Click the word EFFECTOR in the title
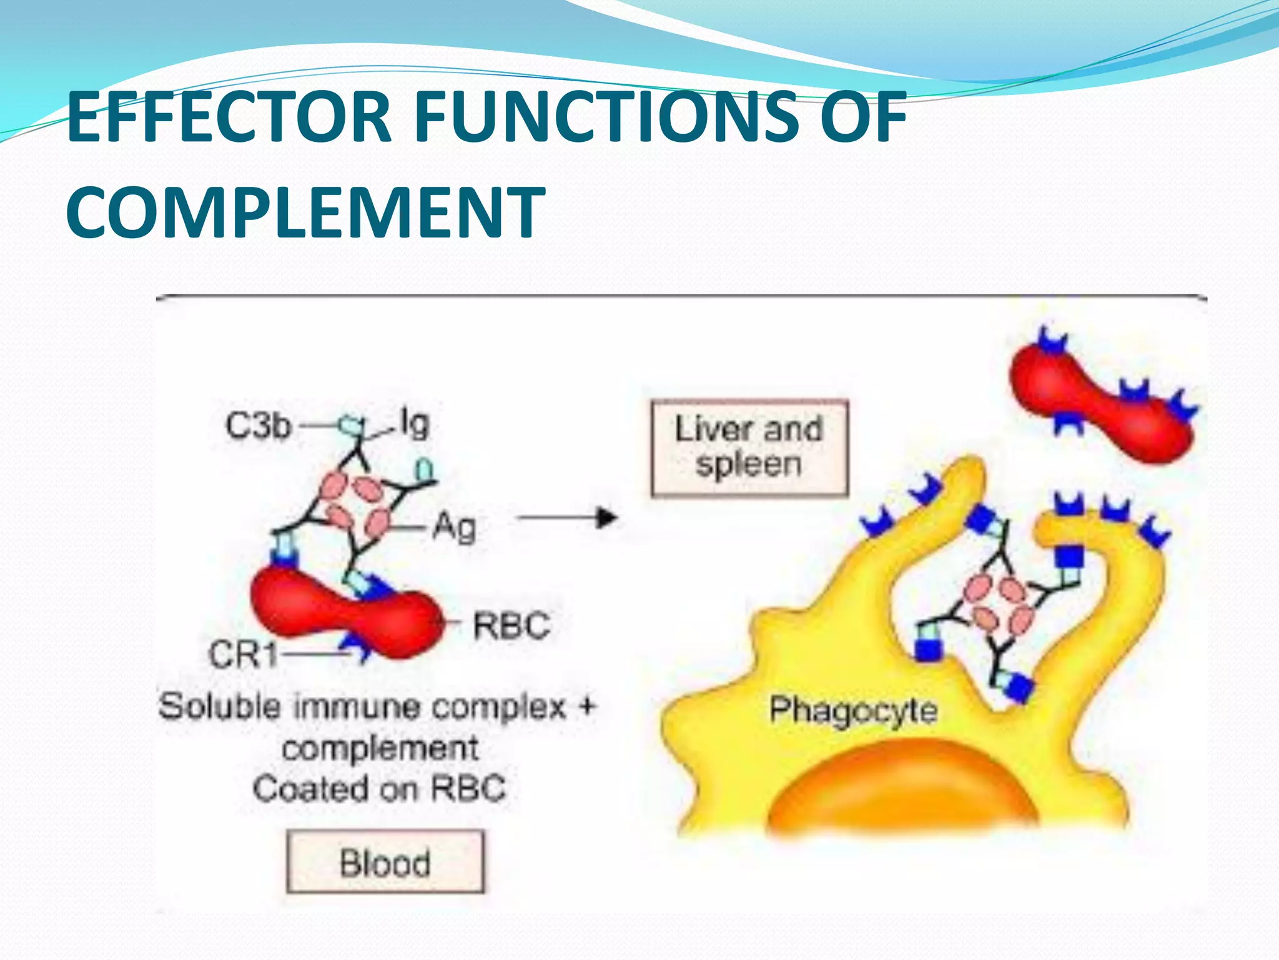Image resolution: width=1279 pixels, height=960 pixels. click(x=229, y=117)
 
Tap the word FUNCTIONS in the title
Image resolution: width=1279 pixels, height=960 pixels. click(x=606, y=117)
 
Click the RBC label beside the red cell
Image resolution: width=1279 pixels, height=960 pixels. click(x=511, y=625)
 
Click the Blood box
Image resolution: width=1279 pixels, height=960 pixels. click(x=385, y=862)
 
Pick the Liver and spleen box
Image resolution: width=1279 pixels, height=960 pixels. click(x=749, y=448)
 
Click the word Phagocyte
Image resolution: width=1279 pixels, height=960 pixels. click(x=853, y=711)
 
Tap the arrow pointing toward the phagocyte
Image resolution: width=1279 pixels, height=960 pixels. click(x=568, y=518)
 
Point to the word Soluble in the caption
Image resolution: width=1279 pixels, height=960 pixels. click(x=220, y=707)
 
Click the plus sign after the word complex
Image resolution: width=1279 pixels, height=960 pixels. click(x=587, y=707)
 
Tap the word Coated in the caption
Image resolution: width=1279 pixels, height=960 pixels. click(x=311, y=788)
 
